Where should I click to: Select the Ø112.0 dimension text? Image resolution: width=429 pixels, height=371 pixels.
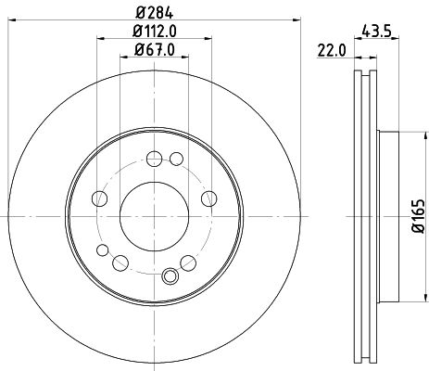point(155,34)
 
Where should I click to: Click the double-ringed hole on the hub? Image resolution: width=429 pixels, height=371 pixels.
point(169,275)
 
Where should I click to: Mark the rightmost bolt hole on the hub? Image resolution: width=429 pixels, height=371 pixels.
point(208,196)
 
